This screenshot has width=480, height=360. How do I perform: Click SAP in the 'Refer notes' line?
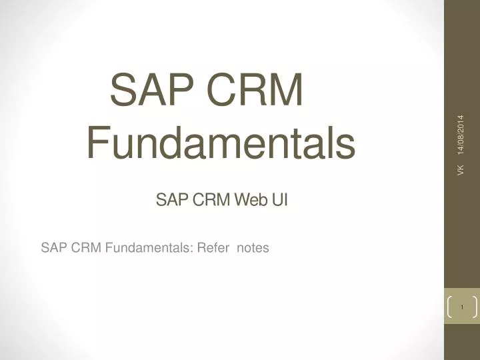(53, 248)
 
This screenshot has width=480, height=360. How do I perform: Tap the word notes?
(253, 248)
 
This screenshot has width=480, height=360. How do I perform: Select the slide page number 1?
(461, 307)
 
